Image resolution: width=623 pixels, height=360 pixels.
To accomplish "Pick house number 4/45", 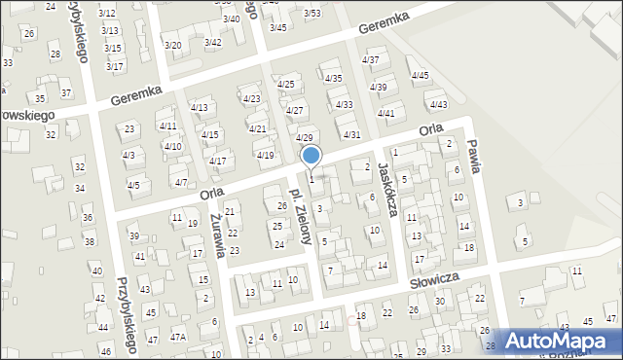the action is pyautogui.click(x=420, y=75).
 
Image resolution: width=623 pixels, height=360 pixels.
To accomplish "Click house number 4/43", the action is pyautogui.click(x=438, y=104).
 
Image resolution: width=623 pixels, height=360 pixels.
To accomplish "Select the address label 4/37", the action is pyautogui.click(x=370, y=60).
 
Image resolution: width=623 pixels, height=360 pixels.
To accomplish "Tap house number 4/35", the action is pyautogui.click(x=333, y=78).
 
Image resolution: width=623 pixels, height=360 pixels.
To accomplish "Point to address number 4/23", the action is pyautogui.click(x=251, y=99).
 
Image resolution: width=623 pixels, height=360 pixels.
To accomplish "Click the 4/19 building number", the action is pyautogui.click(x=265, y=155).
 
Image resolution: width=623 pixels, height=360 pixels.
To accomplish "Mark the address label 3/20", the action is pyautogui.click(x=172, y=46).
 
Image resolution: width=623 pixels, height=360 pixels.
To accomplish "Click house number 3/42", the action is pyautogui.click(x=212, y=42).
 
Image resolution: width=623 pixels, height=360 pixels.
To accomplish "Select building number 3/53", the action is pyautogui.click(x=311, y=13).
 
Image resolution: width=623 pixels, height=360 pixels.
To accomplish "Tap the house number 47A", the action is pyautogui.click(x=178, y=337).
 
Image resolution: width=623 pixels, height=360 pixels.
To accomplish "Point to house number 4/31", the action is pyautogui.click(x=352, y=134).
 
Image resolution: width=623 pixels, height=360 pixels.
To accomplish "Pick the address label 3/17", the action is pyautogui.click(x=115, y=66).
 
